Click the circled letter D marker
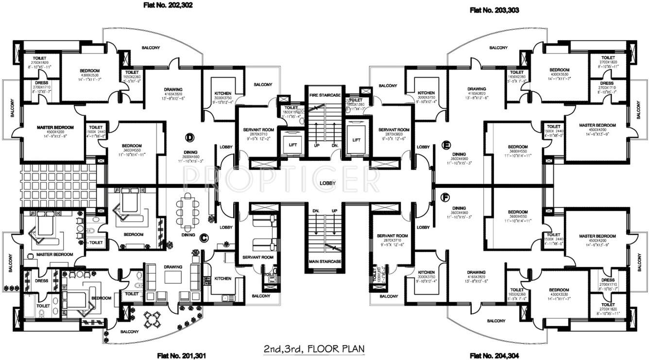(190, 137)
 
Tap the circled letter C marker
(204, 237)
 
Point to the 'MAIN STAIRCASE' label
(324, 261)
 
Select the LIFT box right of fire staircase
(357, 139)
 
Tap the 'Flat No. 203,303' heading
(494, 9)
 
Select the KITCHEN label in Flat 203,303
(427, 93)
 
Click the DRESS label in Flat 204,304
(608, 280)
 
